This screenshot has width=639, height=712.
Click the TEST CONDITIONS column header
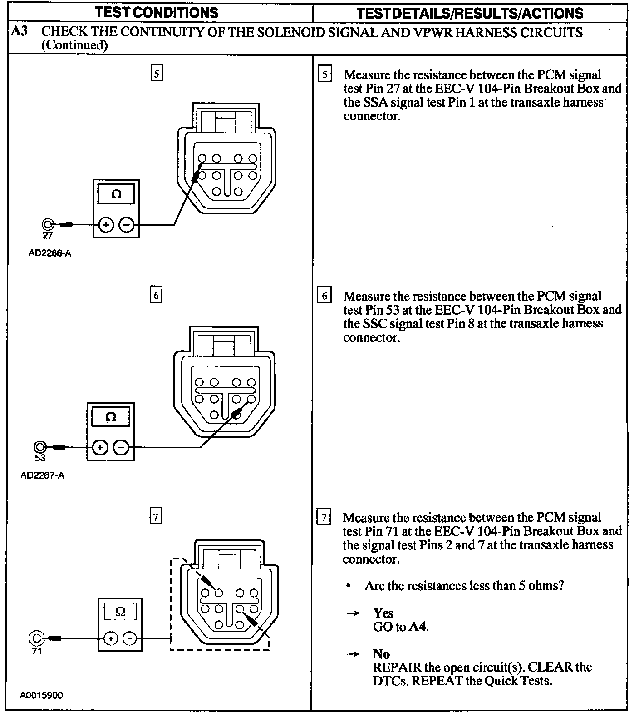pos(157,13)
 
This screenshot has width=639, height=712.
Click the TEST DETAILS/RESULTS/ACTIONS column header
pos(470,13)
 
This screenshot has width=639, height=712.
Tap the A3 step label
pos(19,32)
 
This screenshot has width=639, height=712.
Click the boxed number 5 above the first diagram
pos(156,74)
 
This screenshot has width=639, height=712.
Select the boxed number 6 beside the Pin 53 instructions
pos(324,296)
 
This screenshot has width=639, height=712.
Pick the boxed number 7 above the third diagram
pos(155,517)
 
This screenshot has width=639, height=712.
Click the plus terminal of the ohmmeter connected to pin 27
pos(106,224)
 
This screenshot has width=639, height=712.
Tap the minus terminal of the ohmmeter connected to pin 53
pos(121,448)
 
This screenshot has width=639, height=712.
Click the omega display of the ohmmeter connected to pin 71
pos(120,612)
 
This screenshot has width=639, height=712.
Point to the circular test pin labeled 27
pos(47,224)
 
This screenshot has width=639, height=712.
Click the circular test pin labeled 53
pos(40,447)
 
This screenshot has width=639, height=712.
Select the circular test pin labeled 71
pos(36,638)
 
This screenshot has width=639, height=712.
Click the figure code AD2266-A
pos(50,253)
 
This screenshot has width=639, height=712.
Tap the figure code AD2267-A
pos(42,476)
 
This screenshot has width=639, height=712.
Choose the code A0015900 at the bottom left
pos(41,695)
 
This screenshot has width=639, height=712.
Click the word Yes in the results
pos(383,613)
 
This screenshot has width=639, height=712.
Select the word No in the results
pos(381,654)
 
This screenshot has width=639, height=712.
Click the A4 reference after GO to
pos(418,627)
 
